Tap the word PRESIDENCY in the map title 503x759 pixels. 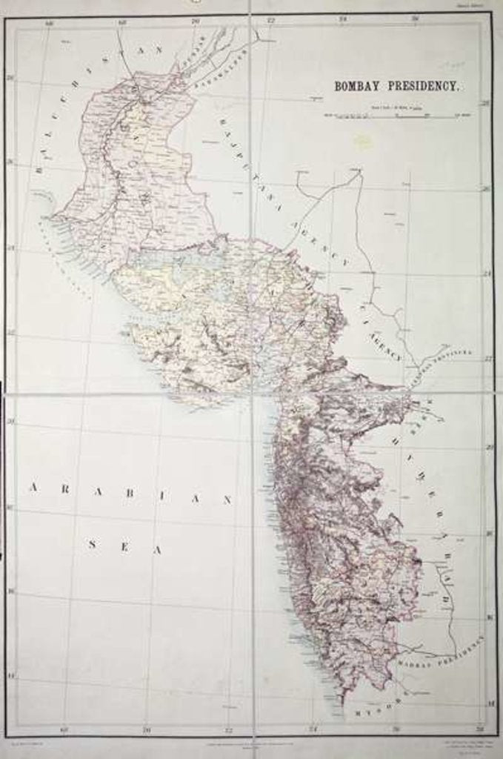(x=422, y=86)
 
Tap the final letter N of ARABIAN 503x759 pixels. (x=227, y=500)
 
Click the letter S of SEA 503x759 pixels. (x=93, y=544)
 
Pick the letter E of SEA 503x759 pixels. (x=124, y=547)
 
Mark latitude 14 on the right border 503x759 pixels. (x=490, y=702)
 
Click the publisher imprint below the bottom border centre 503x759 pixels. (x=252, y=743)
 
